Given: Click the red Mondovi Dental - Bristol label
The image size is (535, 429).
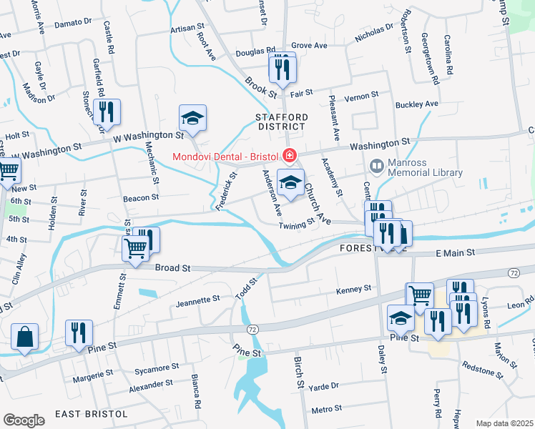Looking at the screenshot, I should click(x=225, y=156).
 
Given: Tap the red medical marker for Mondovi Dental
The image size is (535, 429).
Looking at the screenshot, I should click(x=289, y=155).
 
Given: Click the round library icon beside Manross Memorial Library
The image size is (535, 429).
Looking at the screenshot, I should click(x=376, y=166).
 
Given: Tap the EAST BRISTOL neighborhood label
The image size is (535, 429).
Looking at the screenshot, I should click(x=91, y=414).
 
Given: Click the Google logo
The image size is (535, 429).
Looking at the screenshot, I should click(x=24, y=420).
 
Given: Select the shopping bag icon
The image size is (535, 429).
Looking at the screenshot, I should click(x=24, y=337).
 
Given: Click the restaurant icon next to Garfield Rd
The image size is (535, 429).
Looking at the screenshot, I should click(x=107, y=112).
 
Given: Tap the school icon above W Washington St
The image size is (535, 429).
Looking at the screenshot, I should click(x=192, y=117).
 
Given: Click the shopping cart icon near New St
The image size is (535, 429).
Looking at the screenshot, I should click(x=7, y=172).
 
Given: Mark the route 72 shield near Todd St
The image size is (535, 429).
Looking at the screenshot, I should click(x=252, y=328).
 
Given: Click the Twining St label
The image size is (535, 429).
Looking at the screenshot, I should click(x=296, y=225).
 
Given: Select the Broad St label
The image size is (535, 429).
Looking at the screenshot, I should click(x=172, y=268).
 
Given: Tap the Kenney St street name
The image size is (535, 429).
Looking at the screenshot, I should click(x=354, y=290).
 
